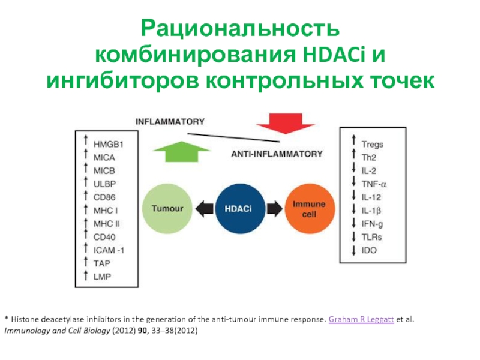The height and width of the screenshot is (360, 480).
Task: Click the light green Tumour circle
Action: tap(167, 209)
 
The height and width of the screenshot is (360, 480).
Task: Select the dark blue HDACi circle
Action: tap(240, 209)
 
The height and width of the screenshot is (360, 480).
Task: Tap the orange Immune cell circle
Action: tap(310, 209)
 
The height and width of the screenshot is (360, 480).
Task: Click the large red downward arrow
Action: tap(286, 124)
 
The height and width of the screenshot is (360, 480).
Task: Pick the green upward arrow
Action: tap(182, 152)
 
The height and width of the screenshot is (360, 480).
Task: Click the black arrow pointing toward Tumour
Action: tap(204, 209)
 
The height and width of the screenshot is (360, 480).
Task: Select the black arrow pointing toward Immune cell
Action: tap(275, 209)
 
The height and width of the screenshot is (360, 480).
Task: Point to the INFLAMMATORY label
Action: tap(170, 122)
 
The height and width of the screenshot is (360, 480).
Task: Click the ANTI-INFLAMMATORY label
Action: tap(277, 154)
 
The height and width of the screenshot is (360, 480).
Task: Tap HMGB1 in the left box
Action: tap(109, 144)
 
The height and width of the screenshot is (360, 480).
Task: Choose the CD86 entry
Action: tap(104, 197)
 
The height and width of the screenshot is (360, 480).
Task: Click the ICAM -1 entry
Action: tap(109, 250)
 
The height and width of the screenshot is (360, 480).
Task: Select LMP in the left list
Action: tap(102, 277)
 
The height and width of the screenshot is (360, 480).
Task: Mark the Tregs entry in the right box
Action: tap(372, 144)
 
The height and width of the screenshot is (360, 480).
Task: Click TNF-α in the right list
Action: tap(374, 184)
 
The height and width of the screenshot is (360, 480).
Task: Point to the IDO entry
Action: tap(369, 250)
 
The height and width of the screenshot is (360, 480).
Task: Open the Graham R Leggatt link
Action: tap(361, 319)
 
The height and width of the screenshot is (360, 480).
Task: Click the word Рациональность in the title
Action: tap(241, 29)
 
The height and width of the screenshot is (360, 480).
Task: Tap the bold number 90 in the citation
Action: tap(142, 331)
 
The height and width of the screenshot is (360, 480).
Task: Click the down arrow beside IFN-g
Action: tap(354, 223)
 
